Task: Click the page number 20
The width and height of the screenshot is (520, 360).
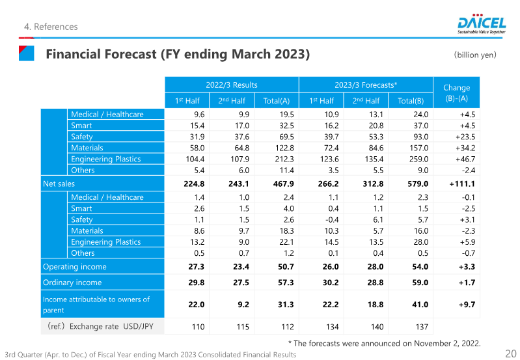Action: (x=510, y=353)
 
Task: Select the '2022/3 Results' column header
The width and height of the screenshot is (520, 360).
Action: (x=231, y=85)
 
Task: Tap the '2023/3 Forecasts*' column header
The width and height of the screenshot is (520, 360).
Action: (x=366, y=85)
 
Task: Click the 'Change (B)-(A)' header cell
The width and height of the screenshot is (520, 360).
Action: (x=456, y=92)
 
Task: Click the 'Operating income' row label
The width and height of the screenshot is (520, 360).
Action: (x=74, y=266)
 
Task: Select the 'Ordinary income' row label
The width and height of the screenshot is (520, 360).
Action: (x=72, y=283)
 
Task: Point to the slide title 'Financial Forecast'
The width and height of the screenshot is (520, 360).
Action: (x=177, y=54)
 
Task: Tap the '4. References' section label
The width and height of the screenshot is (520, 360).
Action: (x=50, y=27)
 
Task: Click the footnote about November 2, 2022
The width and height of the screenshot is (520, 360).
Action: (x=384, y=343)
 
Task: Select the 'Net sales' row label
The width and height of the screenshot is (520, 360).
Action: (x=59, y=184)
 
